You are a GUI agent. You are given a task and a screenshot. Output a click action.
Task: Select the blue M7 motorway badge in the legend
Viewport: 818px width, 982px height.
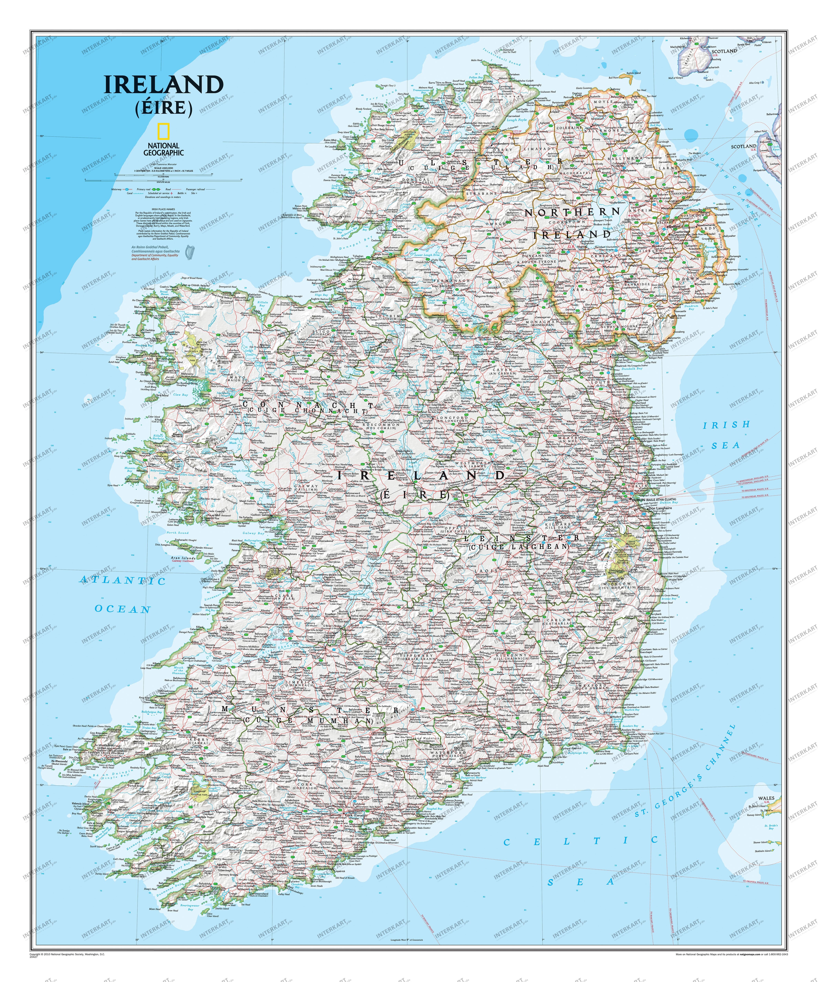click(127, 189)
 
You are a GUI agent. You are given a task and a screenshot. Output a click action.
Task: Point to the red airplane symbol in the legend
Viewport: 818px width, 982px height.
click(172, 193)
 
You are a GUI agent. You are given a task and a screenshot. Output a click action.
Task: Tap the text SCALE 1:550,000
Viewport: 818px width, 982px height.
click(164, 168)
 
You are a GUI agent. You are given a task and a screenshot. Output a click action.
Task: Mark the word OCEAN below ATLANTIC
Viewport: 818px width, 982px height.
click(122, 609)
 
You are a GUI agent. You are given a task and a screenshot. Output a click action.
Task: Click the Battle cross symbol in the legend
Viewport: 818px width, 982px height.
click(186, 193)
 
